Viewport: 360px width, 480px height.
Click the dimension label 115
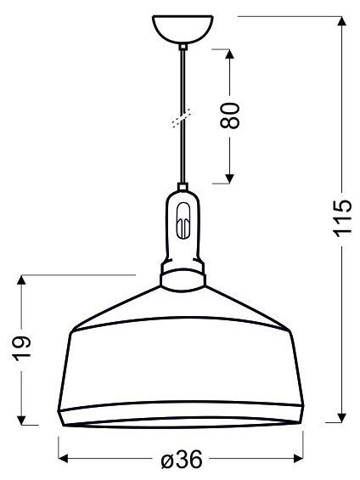click(x=342, y=220)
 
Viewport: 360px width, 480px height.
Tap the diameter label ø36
click(x=181, y=460)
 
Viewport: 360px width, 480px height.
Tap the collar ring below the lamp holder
click(x=182, y=276)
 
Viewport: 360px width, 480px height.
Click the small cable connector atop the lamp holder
click(x=182, y=189)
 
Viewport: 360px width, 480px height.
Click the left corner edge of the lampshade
click(x=72, y=330)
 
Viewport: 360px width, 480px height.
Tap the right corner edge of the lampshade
click(x=291, y=330)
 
